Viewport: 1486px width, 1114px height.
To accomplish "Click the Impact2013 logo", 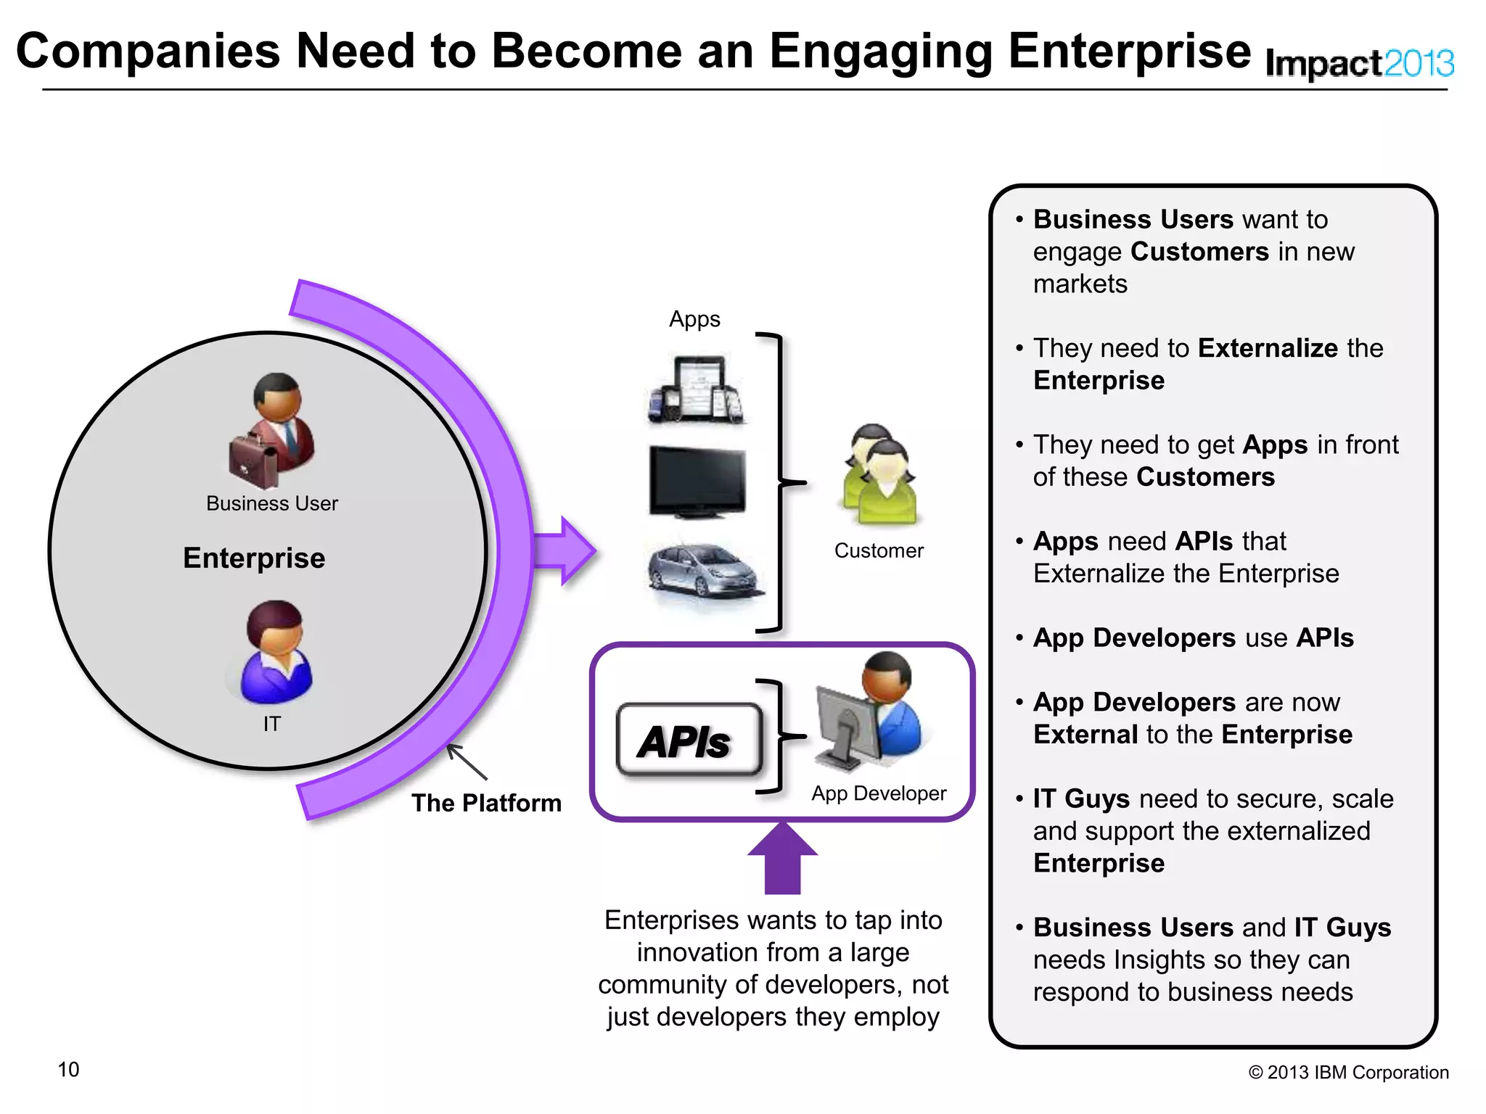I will pos(1359,64).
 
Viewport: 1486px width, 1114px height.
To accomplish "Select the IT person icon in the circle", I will pos(274,653).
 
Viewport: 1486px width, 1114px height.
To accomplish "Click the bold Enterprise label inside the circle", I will pos(254,558).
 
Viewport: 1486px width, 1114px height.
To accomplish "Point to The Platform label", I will pos(486,804).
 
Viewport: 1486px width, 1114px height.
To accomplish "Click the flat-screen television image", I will pos(697,482).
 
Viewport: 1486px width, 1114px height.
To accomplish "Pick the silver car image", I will pos(704,573).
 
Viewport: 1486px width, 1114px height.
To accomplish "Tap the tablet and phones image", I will pos(697,389).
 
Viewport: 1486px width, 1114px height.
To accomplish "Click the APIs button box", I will pos(689,740).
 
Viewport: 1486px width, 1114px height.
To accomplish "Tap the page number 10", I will pos(68,1070).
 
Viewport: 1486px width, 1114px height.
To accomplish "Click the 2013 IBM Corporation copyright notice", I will pos(1348,1073).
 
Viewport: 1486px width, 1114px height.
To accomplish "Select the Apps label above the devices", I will pos(694,319).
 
